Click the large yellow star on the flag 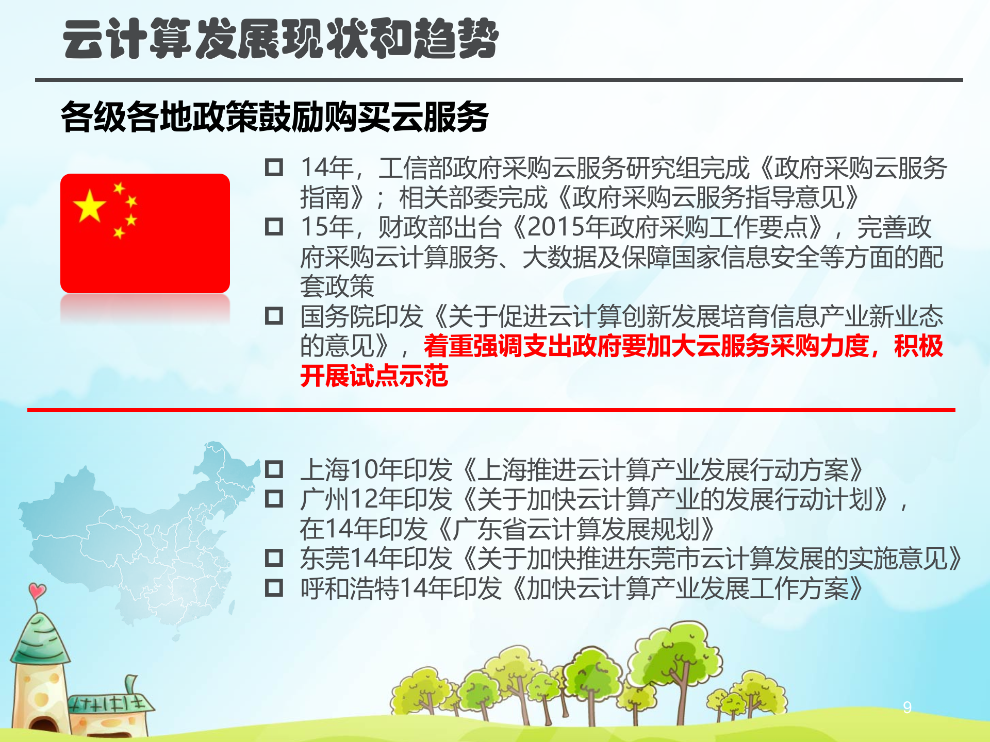click(x=90, y=206)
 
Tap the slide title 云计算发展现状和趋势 click(x=280, y=39)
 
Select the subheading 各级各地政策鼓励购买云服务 click(x=274, y=117)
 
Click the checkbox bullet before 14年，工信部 click(x=274, y=167)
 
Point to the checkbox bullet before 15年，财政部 click(x=274, y=227)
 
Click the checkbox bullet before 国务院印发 click(x=274, y=316)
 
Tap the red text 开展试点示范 click(x=374, y=376)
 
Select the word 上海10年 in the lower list click(x=351, y=470)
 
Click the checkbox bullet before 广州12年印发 click(x=274, y=499)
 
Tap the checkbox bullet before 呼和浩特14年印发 click(x=274, y=588)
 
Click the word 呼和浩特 click(x=350, y=588)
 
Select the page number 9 click(x=907, y=707)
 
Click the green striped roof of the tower click(x=40, y=639)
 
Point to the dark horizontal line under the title click(x=499, y=80)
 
